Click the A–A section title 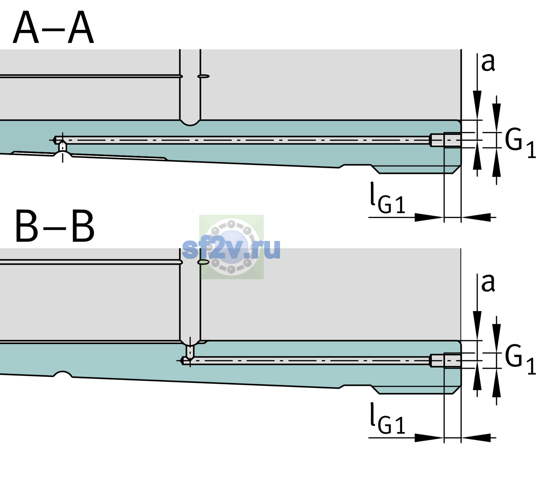[53, 27]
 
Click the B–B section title [55, 226]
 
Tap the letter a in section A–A [488, 63]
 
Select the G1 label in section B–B [520, 360]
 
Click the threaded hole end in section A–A [445, 140]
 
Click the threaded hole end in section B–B [445, 361]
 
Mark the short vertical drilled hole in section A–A [62, 147]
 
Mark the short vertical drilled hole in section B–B [190, 352]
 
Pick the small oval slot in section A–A [204, 76]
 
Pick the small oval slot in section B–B [204, 262]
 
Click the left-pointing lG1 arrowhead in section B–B [476, 438]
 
